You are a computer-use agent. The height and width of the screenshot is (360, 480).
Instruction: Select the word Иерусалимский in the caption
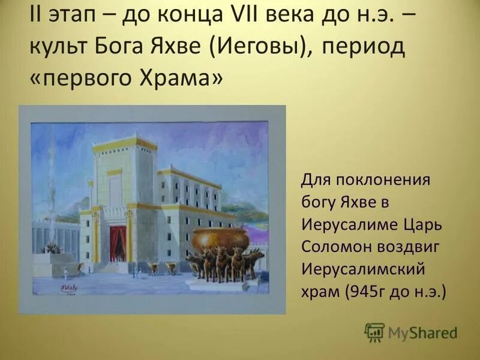pos(357,270)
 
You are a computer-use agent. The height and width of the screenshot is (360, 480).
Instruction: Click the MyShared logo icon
pos(374,332)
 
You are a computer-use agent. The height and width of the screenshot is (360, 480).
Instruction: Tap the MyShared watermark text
pos(423,332)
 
